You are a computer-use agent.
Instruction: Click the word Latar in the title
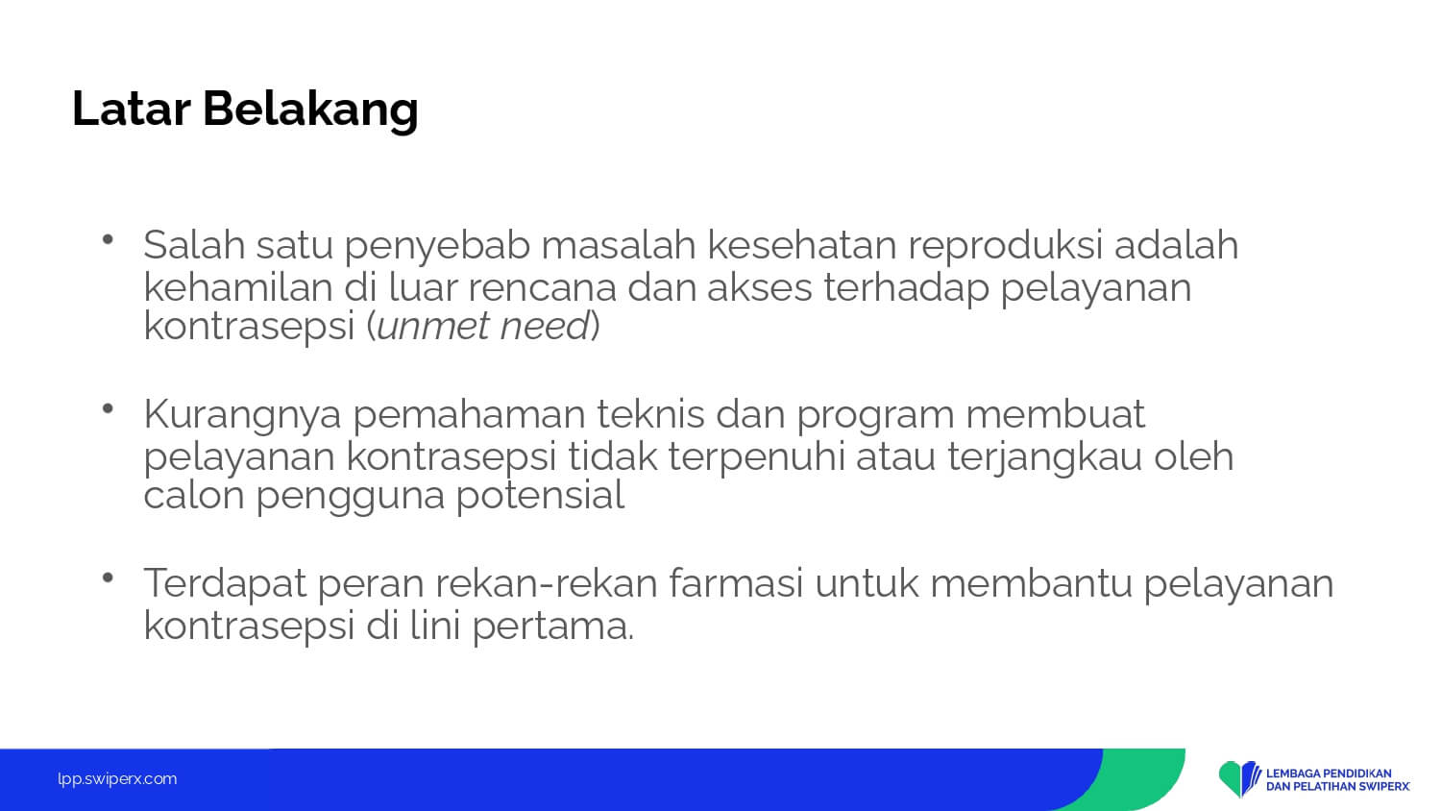[x=132, y=109]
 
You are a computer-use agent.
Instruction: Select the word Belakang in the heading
[x=310, y=111]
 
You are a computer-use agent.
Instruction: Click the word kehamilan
[x=238, y=286]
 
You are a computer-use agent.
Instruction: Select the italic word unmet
[x=432, y=326]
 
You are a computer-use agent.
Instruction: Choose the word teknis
[x=650, y=413]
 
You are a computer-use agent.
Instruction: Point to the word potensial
[x=540, y=496]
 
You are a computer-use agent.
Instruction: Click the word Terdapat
[x=225, y=584]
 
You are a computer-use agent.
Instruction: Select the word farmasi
[x=736, y=582]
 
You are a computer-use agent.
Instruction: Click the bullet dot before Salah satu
[x=108, y=239]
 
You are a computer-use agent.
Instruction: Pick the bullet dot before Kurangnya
[x=108, y=408]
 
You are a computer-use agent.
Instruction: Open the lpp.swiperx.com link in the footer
[x=117, y=779]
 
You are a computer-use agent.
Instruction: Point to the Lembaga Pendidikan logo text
[x=1338, y=780]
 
